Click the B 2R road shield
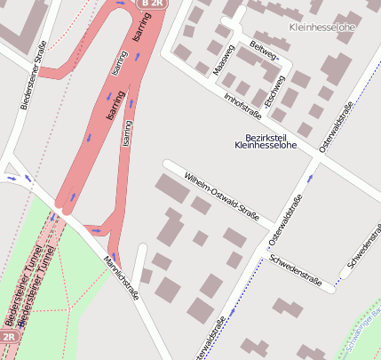pos(151,4)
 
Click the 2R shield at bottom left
pos(8,338)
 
